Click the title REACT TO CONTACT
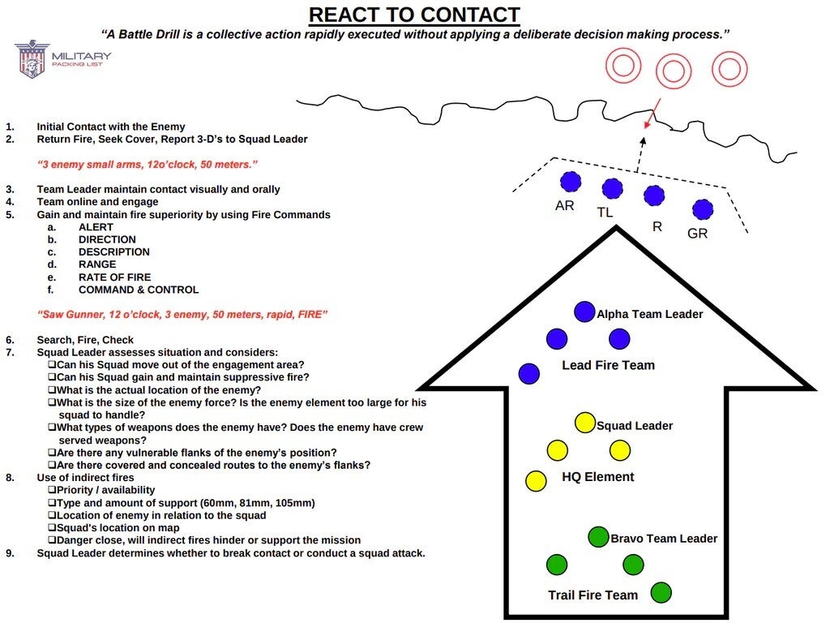click(x=414, y=15)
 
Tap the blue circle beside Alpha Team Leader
click(x=584, y=311)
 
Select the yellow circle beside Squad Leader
click(x=584, y=423)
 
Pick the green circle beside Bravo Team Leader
click(x=598, y=536)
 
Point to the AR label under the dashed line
click(x=565, y=206)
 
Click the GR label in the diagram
click(x=697, y=233)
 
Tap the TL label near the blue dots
click(x=605, y=213)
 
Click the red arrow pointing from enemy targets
click(x=652, y=113)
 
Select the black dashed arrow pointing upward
click(x=640, y=153)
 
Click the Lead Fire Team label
click(x=608, y=365)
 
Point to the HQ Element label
click(x=598, y=477)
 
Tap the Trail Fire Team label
click(x=593, y=595)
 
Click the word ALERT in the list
click(x=96, y=227)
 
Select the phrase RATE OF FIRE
click(x=114, y=277)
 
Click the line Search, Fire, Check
click(x=85, y=340)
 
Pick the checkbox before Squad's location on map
click(x=52, y=528)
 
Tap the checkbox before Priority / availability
click(x=52, y=490)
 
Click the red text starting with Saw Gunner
click(x=182, y=314)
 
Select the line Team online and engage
click(x=97, y=202)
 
